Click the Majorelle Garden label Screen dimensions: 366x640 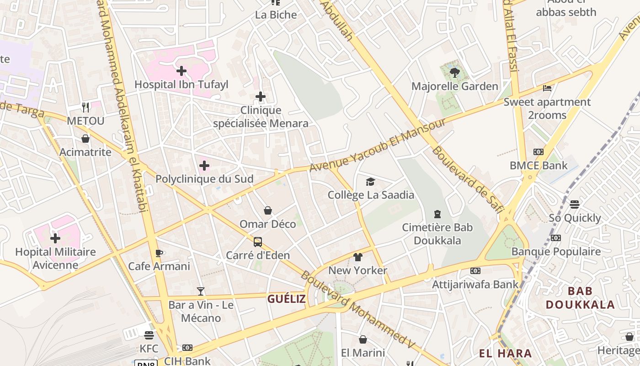click(454, 86)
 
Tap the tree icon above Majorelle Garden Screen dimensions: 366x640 click(454, 72)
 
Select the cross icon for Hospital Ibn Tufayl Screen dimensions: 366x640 click(181, 71)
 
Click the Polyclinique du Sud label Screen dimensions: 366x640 click(204, 179)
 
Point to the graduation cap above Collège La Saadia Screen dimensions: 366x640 click(370, 182)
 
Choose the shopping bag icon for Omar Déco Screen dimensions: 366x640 click(268, 210)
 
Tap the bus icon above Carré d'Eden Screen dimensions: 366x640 click(258, 242)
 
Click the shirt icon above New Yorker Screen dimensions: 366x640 click(357, 257)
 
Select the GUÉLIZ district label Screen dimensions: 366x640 click(287, 299)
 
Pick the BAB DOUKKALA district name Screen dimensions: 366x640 click(580, 298)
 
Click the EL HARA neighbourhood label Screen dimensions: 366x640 click(505, 353)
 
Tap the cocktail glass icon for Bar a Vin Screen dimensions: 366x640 click(200, 291)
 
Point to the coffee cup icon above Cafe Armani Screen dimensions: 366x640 click(159, 253)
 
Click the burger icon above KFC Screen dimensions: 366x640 click(149, 335)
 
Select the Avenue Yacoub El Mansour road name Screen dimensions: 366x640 click(377, 145)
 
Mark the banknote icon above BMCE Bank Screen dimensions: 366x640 click(538, 152)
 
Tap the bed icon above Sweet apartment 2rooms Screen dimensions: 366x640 click(547, 88)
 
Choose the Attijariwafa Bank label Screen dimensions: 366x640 click(475, 285)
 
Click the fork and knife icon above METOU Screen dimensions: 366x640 click(85, 108)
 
